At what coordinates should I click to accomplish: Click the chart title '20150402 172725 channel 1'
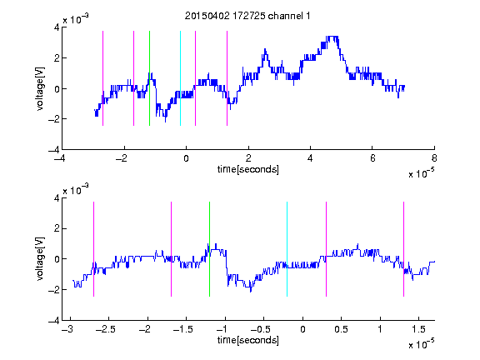247,16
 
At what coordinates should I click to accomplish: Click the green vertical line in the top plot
149,78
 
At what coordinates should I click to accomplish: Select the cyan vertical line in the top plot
180,78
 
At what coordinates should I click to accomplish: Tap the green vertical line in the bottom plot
209,249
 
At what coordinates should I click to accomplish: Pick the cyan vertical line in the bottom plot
287,249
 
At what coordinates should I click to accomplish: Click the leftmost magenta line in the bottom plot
93,249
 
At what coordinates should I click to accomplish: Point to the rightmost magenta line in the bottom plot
403,249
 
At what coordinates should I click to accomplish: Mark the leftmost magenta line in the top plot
102,78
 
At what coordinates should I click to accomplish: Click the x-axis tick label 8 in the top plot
434,158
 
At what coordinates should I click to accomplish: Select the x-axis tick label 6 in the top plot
372,158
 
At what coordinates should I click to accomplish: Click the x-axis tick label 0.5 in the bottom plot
341,329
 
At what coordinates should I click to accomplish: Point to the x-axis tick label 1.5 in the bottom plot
418,329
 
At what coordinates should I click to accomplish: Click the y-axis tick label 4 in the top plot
57,27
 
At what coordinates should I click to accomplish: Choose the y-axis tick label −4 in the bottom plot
54,321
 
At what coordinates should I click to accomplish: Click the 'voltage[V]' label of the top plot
40,88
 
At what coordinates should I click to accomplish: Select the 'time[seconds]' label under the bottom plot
248,340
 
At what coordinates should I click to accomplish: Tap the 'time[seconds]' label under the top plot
248,169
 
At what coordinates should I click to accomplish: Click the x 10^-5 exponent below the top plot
422,172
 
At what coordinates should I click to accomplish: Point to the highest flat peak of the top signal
332,37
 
